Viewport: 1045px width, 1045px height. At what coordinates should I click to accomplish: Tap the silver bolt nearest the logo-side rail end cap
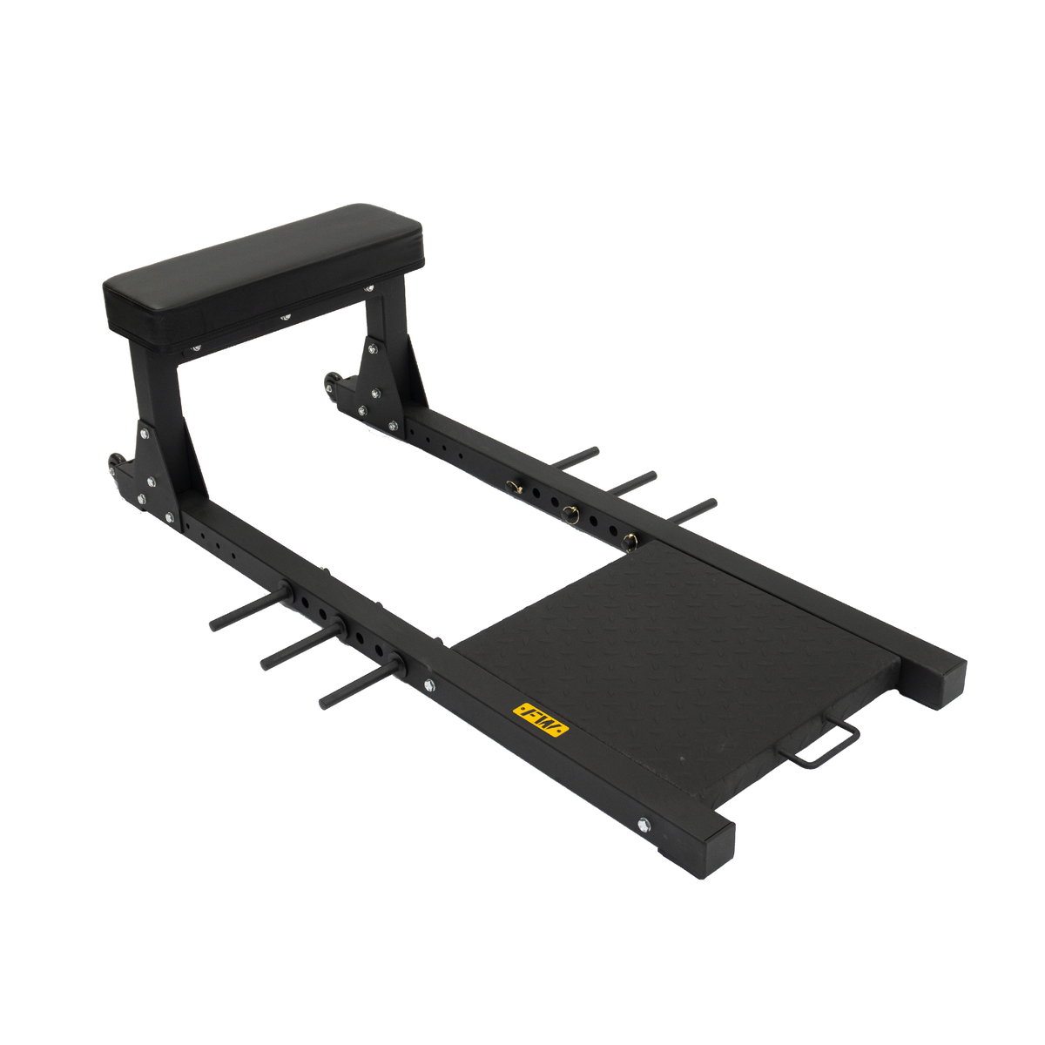pyautogui.click(x=643, y=824)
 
